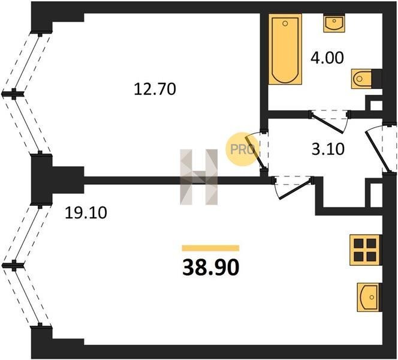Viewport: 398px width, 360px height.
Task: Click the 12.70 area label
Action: [155, 89]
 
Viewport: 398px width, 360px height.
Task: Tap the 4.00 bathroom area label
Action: [327, 58]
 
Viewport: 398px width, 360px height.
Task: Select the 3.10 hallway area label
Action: [328, 149]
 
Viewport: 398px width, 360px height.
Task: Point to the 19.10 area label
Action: [86, 212]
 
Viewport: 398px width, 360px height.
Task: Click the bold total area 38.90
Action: [210, 268]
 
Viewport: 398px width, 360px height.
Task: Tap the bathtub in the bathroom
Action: [285, 49]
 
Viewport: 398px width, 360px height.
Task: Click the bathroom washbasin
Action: [334, 23]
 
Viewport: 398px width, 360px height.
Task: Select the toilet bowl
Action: [361, 79]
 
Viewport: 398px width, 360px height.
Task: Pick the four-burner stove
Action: [365, 250]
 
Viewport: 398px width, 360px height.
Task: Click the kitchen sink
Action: [369, 297]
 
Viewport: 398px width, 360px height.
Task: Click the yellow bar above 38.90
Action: [210, 248]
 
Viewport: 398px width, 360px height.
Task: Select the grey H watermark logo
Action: [199, 177]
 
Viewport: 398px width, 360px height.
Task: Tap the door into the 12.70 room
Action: [255, 152]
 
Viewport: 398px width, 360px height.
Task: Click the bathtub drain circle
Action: [285, 23]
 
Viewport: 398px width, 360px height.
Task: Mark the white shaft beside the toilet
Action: [376, 105]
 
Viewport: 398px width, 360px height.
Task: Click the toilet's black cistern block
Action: [377, 79]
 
